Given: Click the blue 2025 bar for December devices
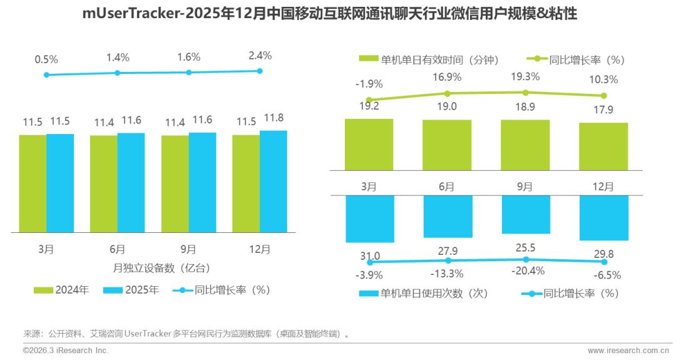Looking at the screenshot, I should coord(274,181).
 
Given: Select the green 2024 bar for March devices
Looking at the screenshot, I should coord(33,183).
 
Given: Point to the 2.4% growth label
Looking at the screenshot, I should coord(260,55).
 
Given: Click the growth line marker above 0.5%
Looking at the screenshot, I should coord(46,75).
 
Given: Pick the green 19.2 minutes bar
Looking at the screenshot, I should coord(369,144).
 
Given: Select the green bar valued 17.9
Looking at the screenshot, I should coord(603,147).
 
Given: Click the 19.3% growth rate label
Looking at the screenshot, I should coord(525,76).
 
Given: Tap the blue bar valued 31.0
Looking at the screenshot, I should coord(369,219).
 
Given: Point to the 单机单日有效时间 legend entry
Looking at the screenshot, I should coord(432,59).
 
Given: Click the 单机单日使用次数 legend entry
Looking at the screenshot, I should coord(432,292).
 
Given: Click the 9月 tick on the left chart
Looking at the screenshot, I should coord(188,249).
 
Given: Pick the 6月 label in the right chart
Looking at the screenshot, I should coord(447,186).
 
